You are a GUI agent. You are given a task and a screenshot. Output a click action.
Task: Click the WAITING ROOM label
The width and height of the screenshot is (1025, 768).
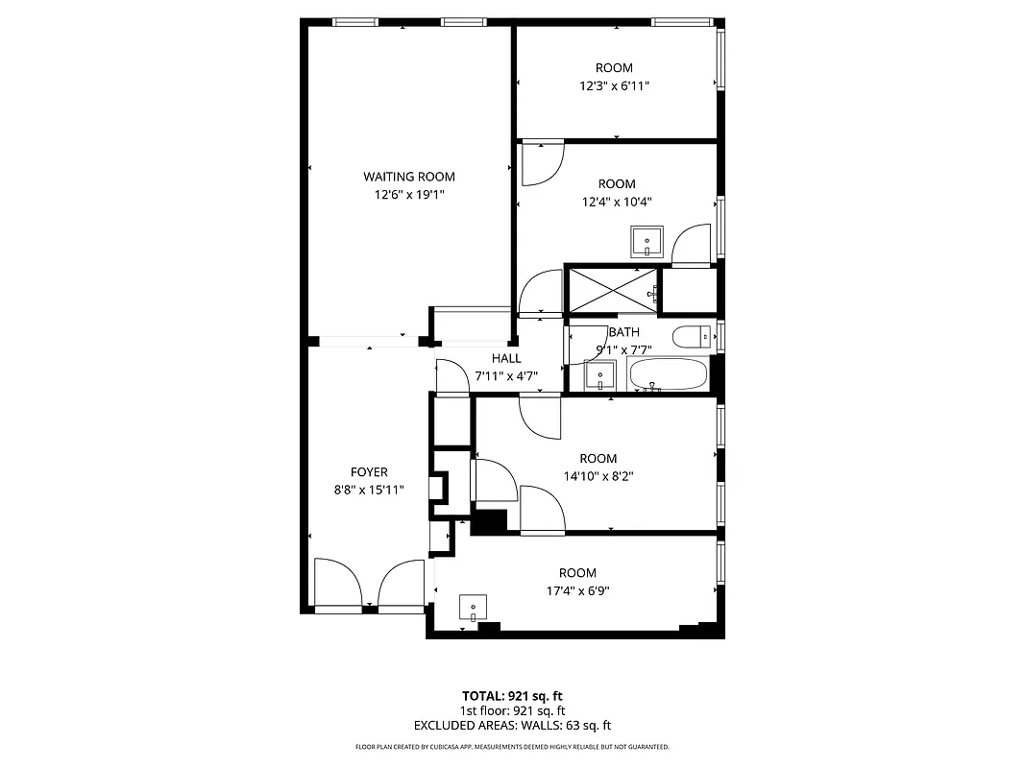pyautogui.click(x=408, y=177)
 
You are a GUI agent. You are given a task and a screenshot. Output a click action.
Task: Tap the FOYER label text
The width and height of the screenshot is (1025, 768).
pyautogui.click(x=369, y=472)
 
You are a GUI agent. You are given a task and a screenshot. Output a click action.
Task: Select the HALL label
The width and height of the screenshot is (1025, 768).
pyautogui.click(x=506, y=358)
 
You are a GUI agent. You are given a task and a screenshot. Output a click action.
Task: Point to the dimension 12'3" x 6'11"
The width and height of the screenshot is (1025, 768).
pyautogui.click(x=614, y=85)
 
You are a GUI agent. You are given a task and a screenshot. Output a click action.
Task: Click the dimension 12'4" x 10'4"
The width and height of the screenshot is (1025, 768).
pyautogui.click(x=617, y=202)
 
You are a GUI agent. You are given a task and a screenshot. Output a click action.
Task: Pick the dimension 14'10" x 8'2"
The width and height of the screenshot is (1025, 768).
pyautogui.click(x=598, y=475)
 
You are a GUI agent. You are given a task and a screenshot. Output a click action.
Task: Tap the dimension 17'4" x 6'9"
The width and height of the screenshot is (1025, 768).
pyautogui.click(x=577, y=590)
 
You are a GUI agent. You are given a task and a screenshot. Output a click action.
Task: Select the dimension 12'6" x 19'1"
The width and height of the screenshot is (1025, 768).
pyautogui.click(x=408, y=195)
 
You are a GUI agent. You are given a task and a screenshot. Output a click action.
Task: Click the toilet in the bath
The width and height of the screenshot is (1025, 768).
pyautogui.click(x=692, y=337)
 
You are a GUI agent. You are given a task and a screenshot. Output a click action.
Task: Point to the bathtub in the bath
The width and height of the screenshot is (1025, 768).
pyautogui.click(x=668, y=375)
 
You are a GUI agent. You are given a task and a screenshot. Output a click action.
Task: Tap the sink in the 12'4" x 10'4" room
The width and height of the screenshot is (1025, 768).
pyautogui.click(x=647, y=241)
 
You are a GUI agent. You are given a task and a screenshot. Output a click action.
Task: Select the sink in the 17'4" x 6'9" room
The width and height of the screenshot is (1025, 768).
pyautogui.click(x=473, y=608)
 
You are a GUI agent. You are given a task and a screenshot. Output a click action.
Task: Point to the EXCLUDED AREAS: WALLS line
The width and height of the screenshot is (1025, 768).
pyautogui.click(x=512, y=726)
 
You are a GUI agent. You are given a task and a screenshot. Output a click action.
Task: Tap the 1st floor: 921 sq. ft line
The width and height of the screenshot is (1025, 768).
pyautogui.click(x=512, y=710)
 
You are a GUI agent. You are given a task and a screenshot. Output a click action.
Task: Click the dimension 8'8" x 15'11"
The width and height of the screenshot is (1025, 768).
pyautogui.click(x=369, y=490)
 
